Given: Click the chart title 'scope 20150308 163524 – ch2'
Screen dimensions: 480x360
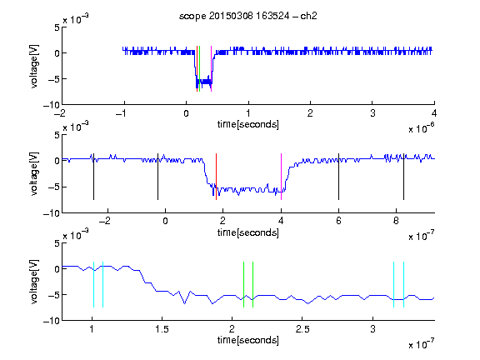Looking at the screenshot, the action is click(248, 16).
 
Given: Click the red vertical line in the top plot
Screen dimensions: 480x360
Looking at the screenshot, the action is click(197, 68).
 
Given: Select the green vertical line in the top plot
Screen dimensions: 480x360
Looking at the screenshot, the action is click(200, 68).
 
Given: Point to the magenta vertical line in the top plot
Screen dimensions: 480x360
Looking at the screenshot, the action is click(211, 68).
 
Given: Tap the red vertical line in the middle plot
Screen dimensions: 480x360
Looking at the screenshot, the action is click(216, 177).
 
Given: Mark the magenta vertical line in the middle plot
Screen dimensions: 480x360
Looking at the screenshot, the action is click(281, 177).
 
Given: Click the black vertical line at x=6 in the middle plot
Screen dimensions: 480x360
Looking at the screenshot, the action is click(338, 177).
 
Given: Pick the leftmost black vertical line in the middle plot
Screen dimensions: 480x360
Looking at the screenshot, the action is click(93, 177).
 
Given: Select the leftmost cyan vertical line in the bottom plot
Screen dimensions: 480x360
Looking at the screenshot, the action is click(93, 284).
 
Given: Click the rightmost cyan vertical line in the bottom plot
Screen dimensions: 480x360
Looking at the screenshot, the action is click(404, 284).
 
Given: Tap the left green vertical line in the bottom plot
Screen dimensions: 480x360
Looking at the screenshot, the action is click(243, 284).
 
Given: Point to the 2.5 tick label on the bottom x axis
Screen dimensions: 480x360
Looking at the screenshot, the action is click(302, 329).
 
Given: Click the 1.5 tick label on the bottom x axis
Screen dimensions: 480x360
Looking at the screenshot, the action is click(162, 329).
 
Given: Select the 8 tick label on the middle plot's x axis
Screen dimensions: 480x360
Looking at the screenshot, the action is click(396, 221).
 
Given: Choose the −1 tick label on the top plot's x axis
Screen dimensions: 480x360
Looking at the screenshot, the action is click(121, 113).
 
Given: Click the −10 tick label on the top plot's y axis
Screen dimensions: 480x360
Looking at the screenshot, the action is click(51, 105).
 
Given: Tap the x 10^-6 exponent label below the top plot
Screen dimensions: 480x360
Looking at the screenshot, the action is click(422, 128).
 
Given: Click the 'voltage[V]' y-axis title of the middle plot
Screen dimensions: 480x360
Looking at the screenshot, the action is click(34, 173).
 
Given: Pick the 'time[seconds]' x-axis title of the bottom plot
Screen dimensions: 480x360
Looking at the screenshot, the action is click(248, 340).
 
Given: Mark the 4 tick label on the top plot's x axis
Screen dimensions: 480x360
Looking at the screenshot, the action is click(434, 113).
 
